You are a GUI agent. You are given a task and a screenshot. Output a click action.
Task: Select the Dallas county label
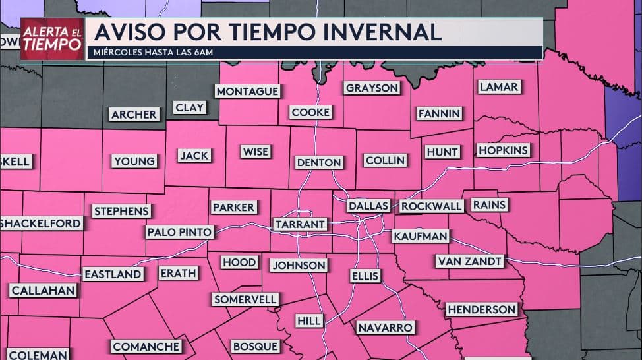368,206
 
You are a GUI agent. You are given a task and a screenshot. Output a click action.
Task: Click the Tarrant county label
300,224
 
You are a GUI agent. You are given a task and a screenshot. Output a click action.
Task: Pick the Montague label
247,91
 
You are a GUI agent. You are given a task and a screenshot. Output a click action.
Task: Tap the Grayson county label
372,88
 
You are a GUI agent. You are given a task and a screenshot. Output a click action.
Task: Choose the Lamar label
499,87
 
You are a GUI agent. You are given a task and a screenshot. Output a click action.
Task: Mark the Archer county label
134,115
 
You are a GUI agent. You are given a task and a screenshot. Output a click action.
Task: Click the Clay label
190,107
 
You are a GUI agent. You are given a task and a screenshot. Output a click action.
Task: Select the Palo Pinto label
179,232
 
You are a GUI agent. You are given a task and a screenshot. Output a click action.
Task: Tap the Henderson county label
481,309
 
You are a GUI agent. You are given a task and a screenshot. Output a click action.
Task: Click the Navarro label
385,327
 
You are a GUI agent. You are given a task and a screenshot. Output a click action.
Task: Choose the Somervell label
245,299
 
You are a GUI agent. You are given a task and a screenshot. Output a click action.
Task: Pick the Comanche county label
146,346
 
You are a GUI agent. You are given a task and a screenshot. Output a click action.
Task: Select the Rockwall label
432,206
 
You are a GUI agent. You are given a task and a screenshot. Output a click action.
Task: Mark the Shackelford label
41,224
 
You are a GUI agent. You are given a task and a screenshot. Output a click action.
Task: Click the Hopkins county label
503,150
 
